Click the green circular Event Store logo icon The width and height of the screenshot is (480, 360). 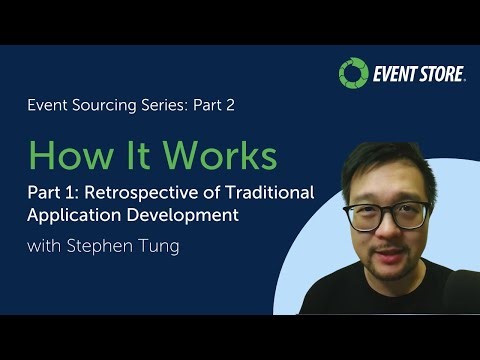pyautogui.click(x=353, y=73)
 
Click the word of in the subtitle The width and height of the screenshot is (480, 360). pyautogui.click(x=214, y=192)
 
